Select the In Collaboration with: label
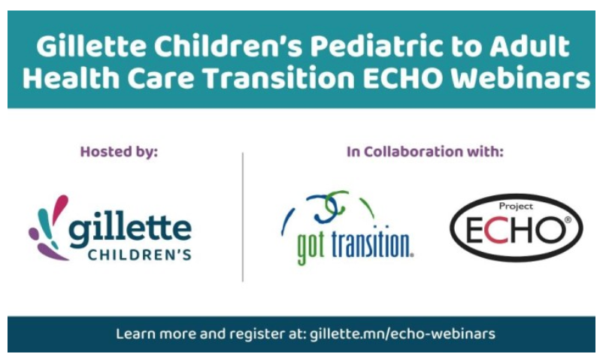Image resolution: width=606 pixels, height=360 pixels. pos(425,151)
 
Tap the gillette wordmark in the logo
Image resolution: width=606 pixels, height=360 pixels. pos(130,228)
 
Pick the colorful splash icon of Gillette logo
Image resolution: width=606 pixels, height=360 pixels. pos(47,225)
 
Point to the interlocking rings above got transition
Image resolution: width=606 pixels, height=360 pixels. pos(329,207)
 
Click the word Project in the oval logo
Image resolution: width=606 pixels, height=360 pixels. pos(516,204)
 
